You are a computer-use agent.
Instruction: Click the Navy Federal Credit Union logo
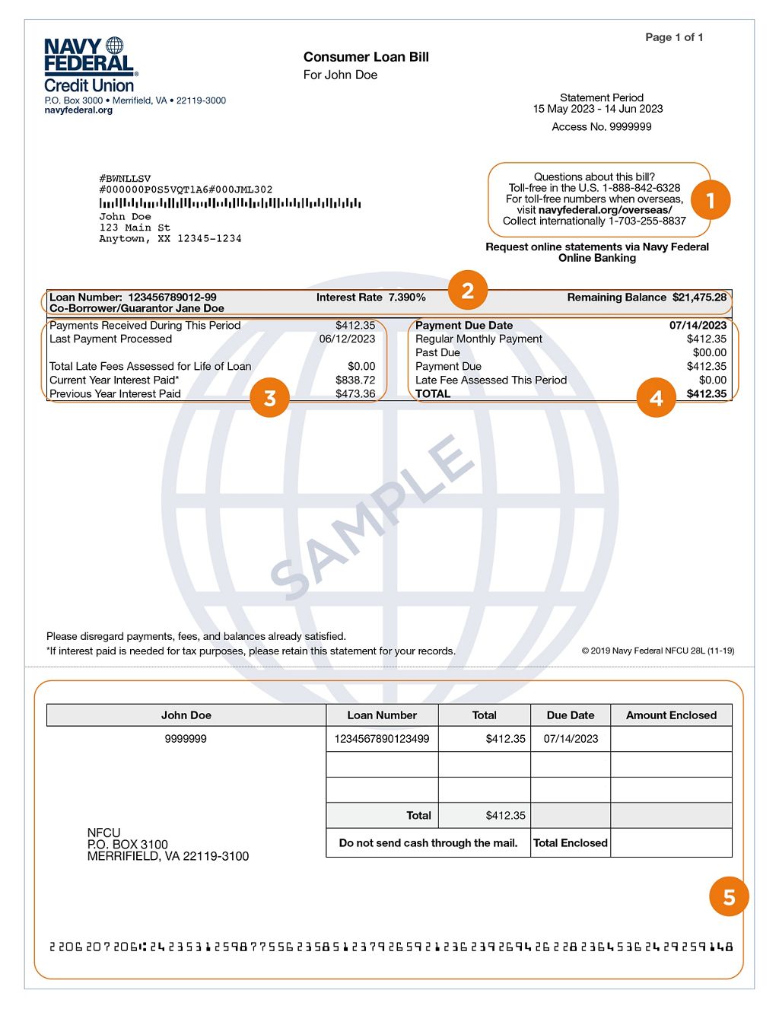90,65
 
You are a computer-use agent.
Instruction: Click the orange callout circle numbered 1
710,200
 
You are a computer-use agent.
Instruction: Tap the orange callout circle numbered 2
468,290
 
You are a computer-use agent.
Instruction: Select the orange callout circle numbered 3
269,398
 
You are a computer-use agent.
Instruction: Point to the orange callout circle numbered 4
656,398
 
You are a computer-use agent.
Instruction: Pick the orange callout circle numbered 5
729,897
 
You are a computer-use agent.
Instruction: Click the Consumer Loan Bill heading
366,57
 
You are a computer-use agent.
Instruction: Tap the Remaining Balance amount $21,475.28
699,298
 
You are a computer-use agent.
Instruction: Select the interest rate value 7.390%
407,298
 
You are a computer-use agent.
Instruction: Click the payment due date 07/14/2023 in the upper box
698,326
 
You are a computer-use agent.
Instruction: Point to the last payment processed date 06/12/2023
347,339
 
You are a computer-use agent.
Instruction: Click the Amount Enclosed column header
671,715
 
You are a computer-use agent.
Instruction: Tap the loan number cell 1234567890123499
382,739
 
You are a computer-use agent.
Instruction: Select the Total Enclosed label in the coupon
571,843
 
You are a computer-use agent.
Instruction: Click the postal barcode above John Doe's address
230,203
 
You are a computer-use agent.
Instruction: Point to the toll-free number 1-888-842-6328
641,188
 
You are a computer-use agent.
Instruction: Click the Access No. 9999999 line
602,127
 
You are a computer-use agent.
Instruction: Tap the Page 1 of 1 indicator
674,37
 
